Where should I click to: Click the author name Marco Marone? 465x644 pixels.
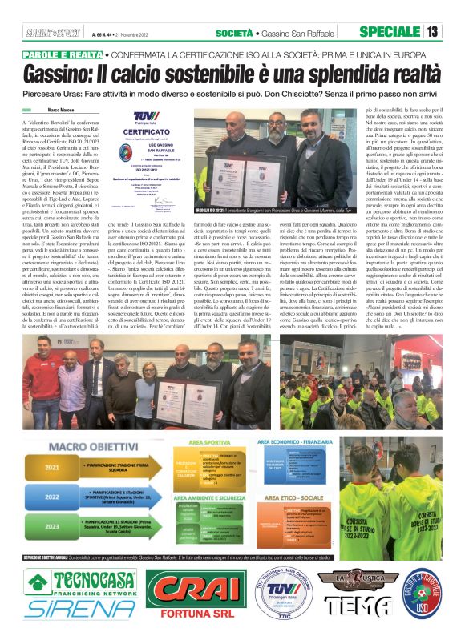[x=66, y=109]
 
